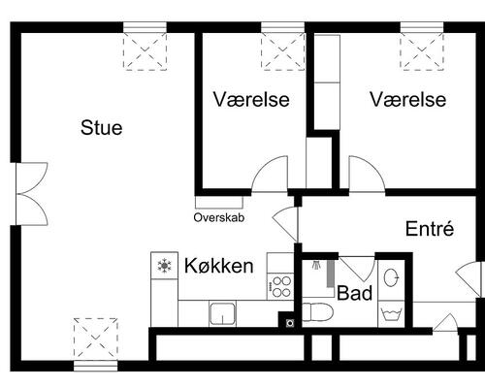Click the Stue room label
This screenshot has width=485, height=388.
click(x=102, y=127)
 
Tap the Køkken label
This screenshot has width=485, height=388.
click(x=219, y=266)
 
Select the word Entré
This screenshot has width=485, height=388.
click(x=430, y=228)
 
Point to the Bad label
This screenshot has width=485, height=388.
click(x=354, y=293)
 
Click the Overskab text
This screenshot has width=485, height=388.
click(x=219, y=217)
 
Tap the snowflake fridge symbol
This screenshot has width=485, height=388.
click(x=165, y=266)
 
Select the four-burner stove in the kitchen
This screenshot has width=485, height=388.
click(x=281, y=286)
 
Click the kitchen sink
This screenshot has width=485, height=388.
click(x=222, y=313)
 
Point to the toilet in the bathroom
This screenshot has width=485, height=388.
click(x=317, y=312)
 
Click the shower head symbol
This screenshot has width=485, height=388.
click(x=315, y=265)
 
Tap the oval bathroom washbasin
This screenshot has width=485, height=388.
click(x=391, y=277)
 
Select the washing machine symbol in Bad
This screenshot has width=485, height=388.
click(x=391, y=313)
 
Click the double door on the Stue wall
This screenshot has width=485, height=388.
click(x=32, y=194)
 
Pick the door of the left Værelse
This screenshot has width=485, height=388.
click(x=270, y=174)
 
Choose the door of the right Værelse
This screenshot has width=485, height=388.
click(x=367, y=175)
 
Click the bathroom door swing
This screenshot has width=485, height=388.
click(x=357, y=269)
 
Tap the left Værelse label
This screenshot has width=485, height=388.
click(x=251, y=99)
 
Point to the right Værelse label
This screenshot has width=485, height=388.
click(x=408, y=99)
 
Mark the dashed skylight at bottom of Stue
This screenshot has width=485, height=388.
click(x=95, y=339)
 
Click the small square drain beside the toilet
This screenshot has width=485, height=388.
click(x=290, y=323)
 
